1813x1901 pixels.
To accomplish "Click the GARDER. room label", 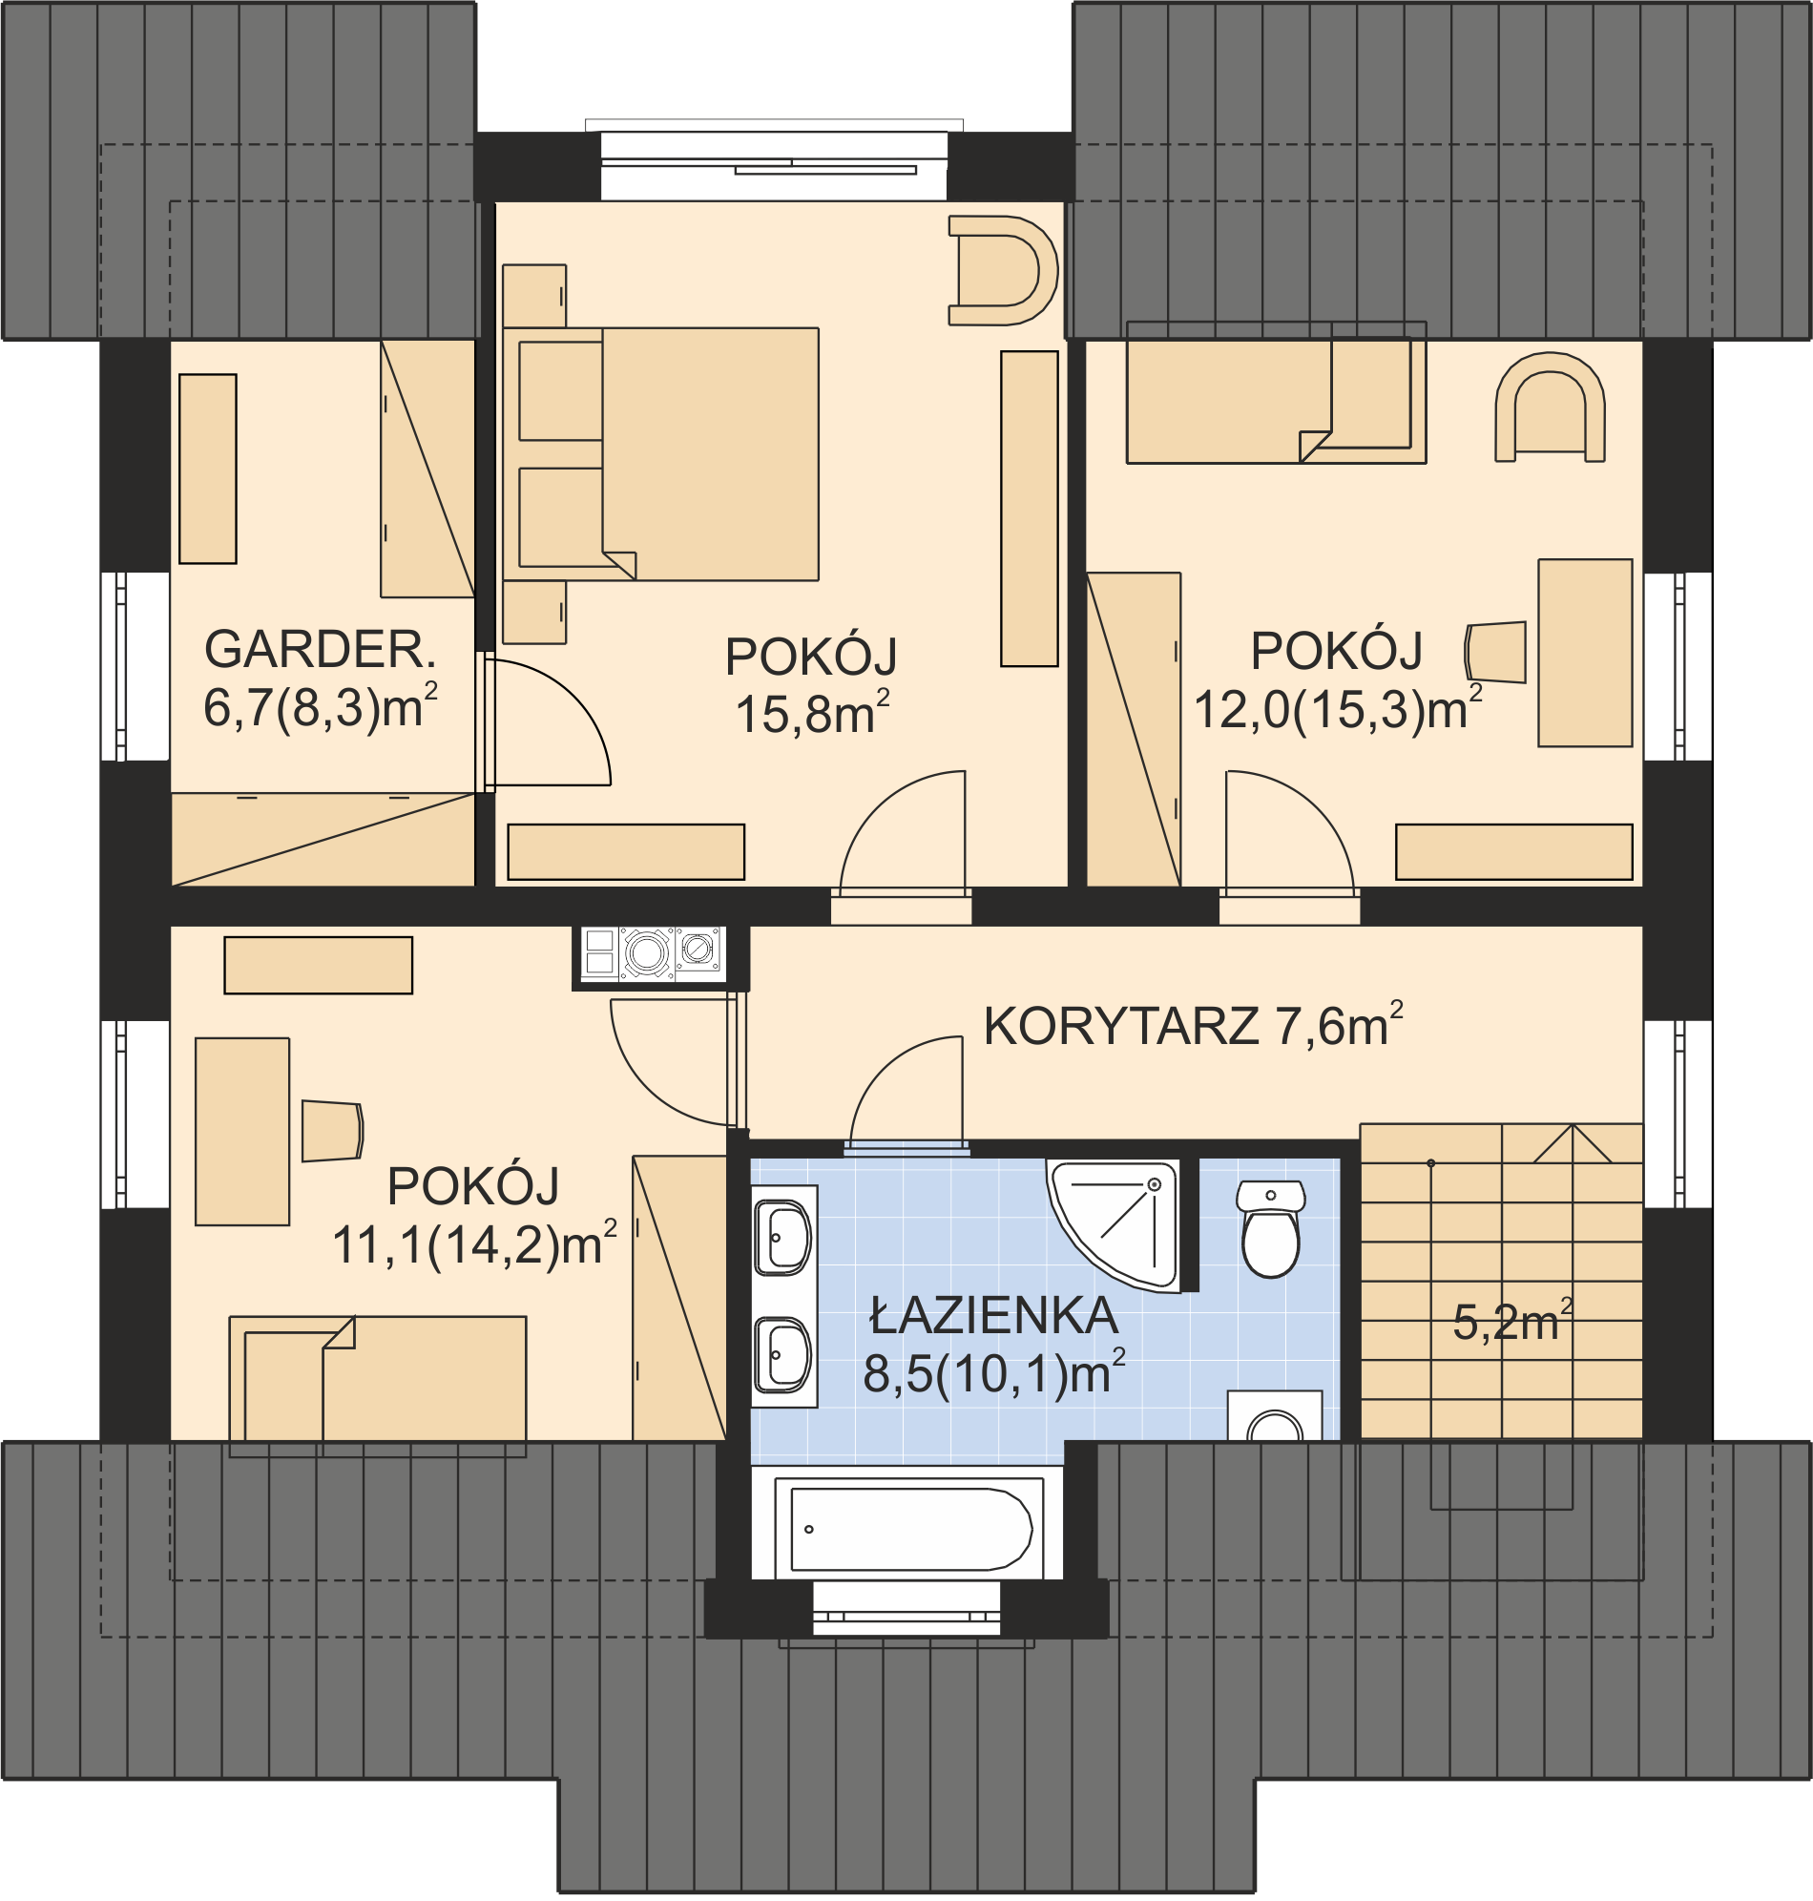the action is [x=320, y=651].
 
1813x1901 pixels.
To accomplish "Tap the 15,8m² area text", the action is [x=812, y=715].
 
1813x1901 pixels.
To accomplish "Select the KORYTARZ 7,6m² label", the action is [x=1193, y=1024].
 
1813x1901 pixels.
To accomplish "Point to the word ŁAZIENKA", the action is [x=993, y=1316].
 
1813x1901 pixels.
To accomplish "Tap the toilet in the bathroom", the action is [x=1271, y=1228].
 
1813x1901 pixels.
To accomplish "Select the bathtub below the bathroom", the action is [x=908, y=1530].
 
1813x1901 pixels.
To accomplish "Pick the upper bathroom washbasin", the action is [x=781, y=1237].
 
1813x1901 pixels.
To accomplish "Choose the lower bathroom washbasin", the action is [x=781, y=1355].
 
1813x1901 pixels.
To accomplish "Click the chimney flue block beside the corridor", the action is [x=651, y=955].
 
